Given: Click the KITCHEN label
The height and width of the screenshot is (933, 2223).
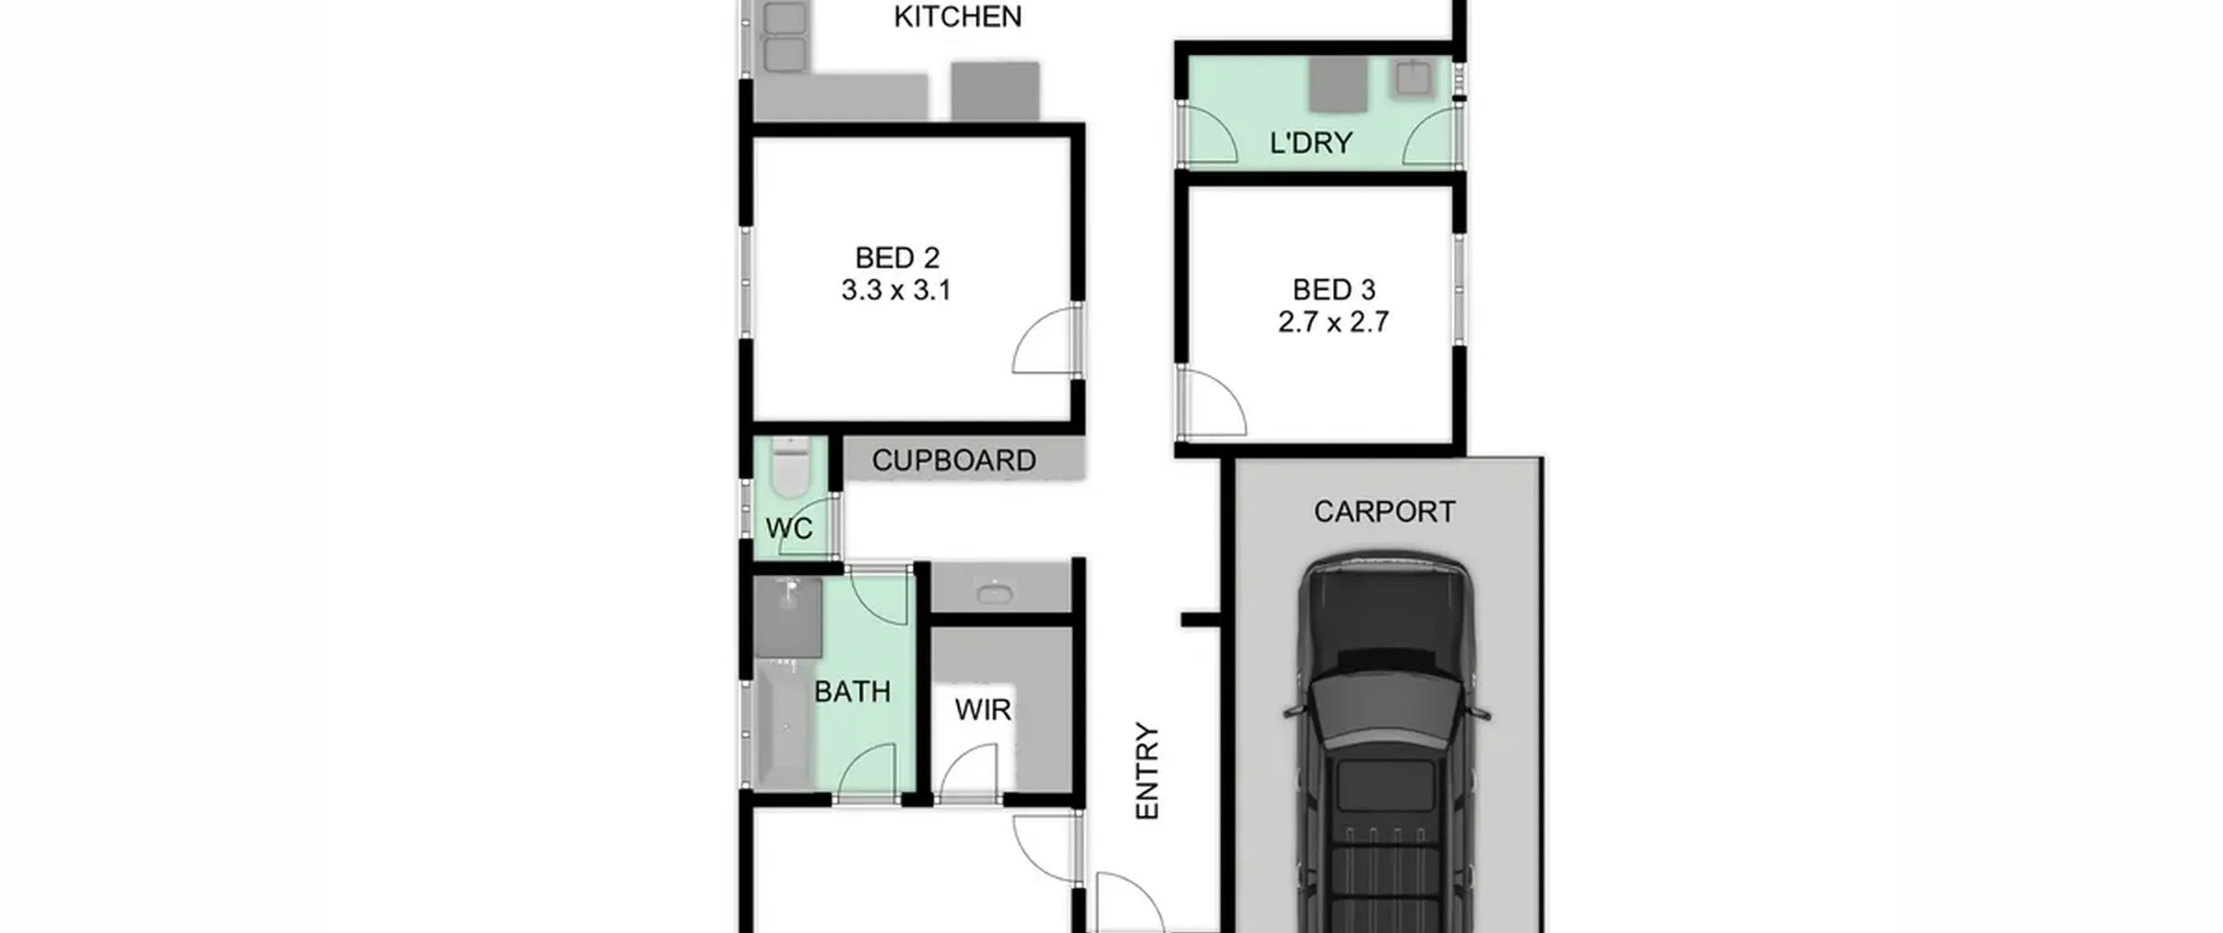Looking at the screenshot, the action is [x=957, y=16].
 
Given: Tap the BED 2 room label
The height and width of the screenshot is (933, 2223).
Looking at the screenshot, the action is [x=897, y=258].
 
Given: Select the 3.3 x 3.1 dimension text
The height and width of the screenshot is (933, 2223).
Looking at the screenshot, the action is [x=896, y=290].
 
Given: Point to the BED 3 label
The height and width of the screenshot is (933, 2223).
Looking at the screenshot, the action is [x=1334, y=290].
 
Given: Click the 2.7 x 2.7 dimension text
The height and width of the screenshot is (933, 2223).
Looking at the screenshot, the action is [x=1333, y=322].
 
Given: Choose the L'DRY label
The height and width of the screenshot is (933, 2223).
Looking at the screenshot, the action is [x=1310, y=142].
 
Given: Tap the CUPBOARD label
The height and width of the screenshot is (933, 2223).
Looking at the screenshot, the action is [x=953, y=461].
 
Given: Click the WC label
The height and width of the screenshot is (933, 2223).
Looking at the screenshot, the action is [x=788, y=528].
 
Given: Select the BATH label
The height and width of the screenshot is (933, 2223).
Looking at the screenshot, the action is [x=852, y=692].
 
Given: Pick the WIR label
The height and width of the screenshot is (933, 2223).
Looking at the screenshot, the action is [x=983, y=710].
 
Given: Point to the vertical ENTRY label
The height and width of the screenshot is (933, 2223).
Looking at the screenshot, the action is [x=1147, y=771].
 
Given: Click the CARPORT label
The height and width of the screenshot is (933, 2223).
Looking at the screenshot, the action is [x=1384, y=512].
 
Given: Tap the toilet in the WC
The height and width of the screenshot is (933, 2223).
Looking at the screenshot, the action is [x=789, y=469].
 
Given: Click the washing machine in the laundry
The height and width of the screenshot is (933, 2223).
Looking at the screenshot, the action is [x=1338, y=85].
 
